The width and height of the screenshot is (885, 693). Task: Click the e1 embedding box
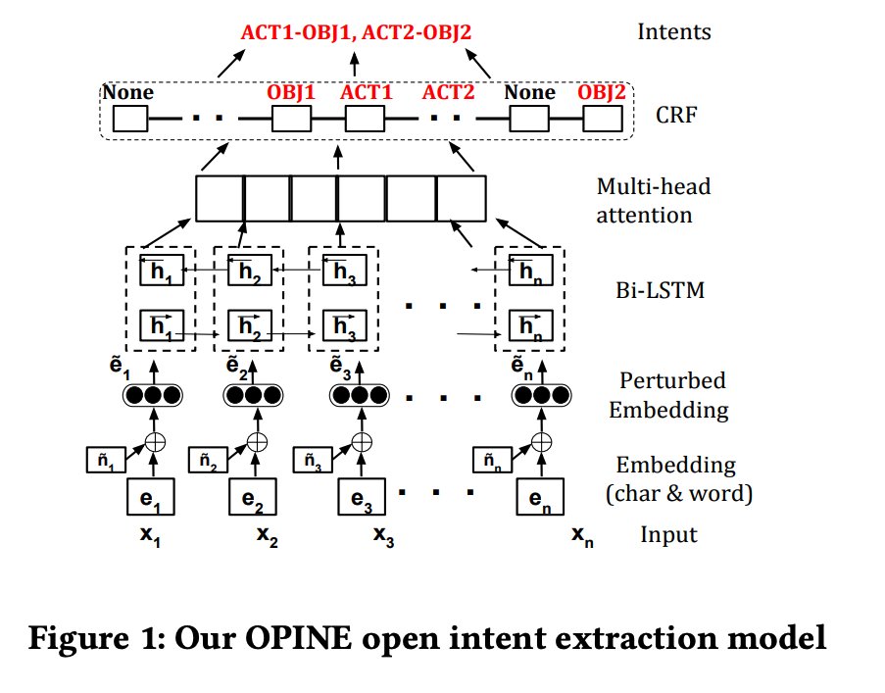coord(151,499)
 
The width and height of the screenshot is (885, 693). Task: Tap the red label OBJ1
coord(292,93)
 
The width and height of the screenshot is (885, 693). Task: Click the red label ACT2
coord(448,93)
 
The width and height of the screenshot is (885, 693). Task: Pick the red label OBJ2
coord(602,93)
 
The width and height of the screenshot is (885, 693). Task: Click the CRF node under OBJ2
coord(602,120)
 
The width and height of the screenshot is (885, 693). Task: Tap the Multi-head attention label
coord(653,200)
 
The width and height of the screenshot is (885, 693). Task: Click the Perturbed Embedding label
coord(668,394)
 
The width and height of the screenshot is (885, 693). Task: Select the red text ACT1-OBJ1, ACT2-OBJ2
coord(356,31)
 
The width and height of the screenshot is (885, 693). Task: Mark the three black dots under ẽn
coord(539,395)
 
